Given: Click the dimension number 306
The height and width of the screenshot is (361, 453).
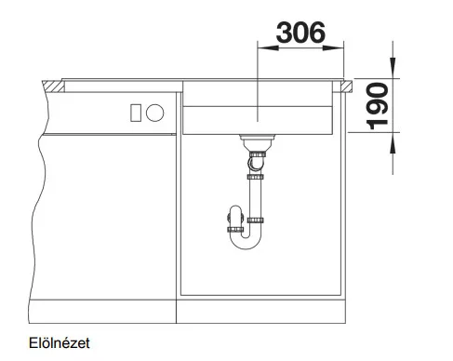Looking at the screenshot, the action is [x=300, y=33].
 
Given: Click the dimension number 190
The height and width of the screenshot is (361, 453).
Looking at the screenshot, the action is [x=377, y=106].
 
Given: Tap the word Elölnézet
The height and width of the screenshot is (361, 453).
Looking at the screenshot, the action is [x=60, y=343].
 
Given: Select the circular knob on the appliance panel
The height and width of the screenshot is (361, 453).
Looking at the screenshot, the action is [x=154, y=113].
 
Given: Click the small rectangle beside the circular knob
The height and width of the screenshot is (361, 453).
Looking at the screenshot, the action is [x=136, y=113].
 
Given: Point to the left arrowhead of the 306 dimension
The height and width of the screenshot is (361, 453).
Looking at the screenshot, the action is [x=268, y=47].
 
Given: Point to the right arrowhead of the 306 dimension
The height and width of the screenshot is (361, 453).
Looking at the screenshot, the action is [x=333, y=47].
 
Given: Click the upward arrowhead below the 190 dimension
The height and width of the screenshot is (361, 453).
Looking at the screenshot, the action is [x=393, y=143].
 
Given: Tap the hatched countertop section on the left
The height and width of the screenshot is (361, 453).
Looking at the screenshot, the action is [x=53, y=87].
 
